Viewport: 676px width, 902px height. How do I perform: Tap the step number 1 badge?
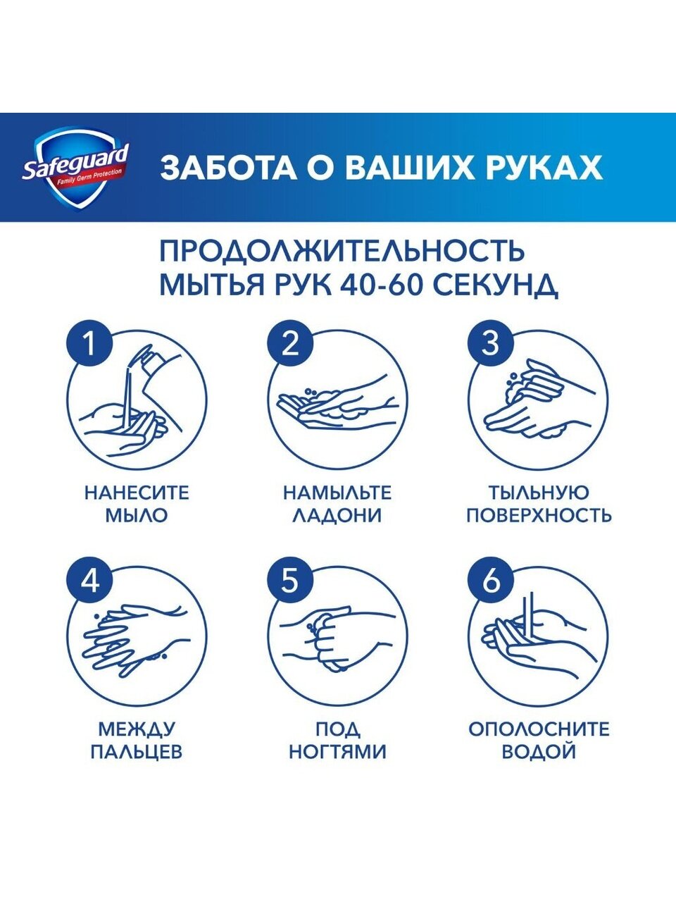(89, 344)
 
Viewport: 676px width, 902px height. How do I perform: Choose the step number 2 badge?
(290, 344)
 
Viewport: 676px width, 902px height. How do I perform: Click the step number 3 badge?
(491, 344)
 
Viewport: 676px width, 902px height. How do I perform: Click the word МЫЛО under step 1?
(137, 515)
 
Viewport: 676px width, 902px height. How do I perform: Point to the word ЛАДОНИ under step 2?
(337, 515)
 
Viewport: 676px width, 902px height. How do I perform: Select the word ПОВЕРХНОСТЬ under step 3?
(539, 515)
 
